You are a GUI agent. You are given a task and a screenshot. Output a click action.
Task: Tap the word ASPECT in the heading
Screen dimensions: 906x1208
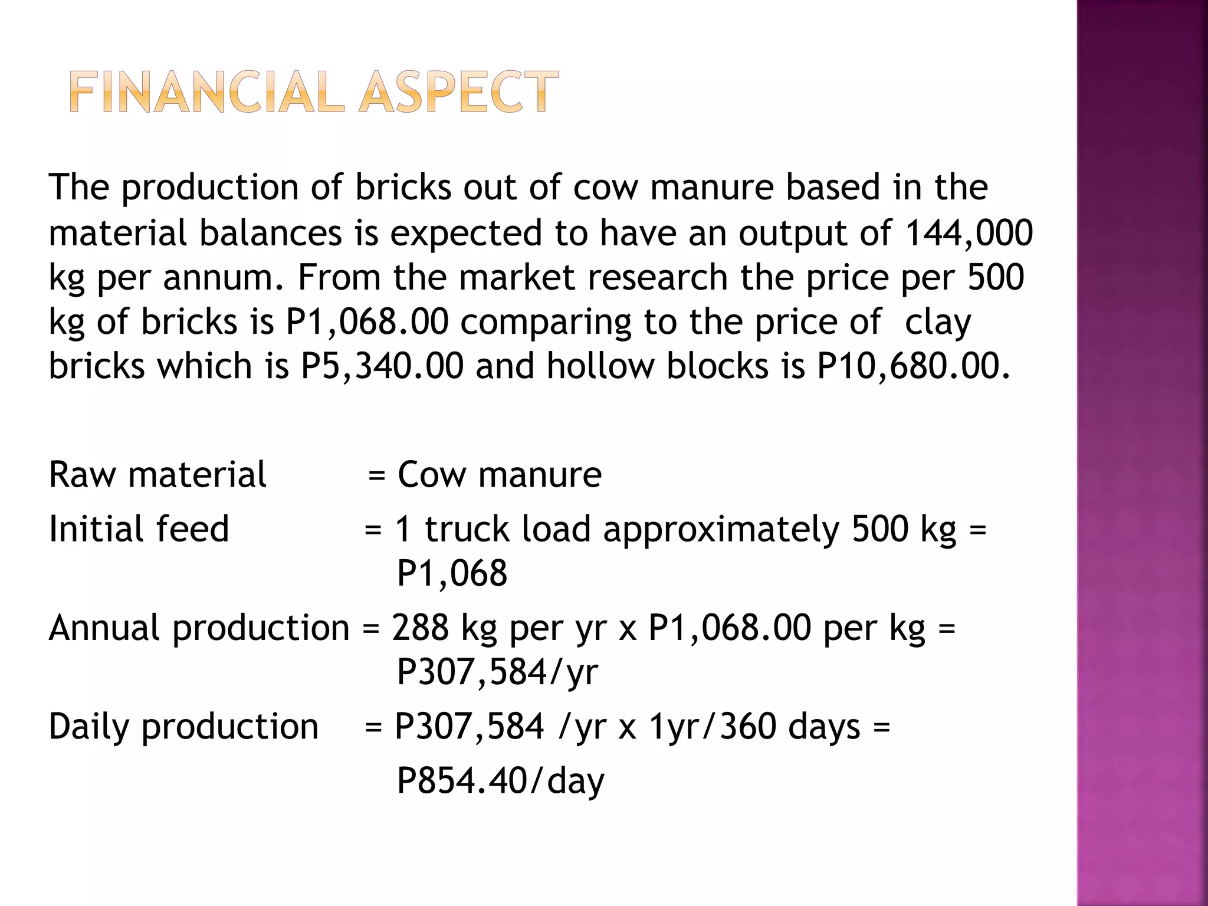(x=458, y=92)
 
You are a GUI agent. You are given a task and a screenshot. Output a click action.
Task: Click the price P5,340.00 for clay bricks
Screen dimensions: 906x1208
(x=382, y=366)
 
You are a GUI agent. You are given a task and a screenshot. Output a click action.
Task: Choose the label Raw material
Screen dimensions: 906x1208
(x=157, y=475)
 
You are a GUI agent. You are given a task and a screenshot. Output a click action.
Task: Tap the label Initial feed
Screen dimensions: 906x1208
(x=139, y=528)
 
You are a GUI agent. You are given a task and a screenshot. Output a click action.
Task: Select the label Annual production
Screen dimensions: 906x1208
(x=199, y=628)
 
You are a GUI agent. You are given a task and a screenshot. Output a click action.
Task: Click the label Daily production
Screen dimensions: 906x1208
(x=183, y=726)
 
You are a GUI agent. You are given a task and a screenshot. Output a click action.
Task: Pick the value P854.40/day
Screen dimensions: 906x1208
(x=500, y=781)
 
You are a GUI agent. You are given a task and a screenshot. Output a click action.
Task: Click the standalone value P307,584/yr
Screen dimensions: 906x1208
(x=497, y=672)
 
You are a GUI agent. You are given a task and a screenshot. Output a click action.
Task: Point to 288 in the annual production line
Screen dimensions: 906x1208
(x=420, y=628)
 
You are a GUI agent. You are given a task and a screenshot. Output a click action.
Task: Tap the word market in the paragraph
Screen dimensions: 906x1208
(x=517, y=277)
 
